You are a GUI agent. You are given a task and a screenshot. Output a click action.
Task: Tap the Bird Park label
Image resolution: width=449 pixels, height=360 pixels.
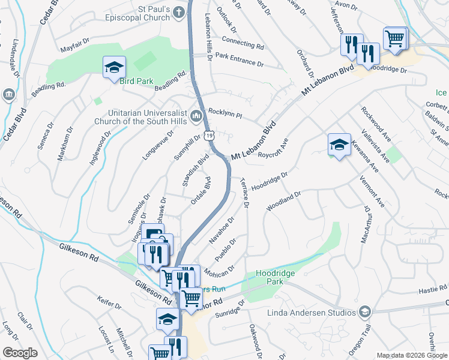137,81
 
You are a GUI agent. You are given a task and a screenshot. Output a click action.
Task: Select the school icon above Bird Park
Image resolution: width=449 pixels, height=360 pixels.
113,68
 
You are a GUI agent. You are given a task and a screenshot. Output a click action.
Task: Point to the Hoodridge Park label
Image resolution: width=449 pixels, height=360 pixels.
277,277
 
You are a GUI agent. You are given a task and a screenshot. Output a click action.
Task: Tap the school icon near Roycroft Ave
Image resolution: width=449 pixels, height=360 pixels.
339,145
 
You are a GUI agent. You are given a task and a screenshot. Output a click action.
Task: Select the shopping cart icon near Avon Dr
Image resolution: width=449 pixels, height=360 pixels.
395,38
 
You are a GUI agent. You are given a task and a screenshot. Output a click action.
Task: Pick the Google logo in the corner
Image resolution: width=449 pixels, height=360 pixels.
20,353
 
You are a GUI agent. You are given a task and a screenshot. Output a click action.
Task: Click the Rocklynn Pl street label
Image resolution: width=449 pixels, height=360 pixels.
224,114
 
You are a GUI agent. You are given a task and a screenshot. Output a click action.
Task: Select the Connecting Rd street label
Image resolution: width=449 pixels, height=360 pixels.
243,42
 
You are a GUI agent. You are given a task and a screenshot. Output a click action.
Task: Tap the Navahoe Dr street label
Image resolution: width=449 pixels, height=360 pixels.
221,230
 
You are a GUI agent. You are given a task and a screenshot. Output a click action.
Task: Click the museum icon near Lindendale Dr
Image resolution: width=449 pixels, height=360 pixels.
9,94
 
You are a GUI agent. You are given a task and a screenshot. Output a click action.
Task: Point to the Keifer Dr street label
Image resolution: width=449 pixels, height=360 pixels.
110,301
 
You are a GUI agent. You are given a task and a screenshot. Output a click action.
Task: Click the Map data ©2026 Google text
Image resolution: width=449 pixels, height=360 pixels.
412,355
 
